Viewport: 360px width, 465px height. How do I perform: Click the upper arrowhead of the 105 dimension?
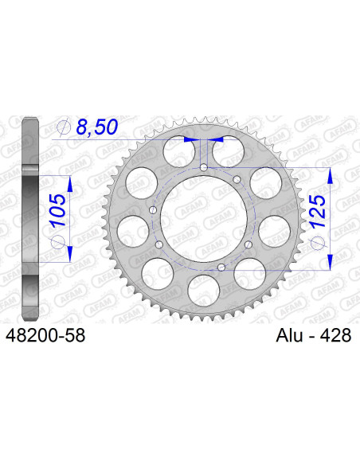tap(70, 183)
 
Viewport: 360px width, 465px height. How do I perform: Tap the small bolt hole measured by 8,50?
tap(204, 167)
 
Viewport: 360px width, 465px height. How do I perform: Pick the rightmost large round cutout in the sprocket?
tap(272, 230)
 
